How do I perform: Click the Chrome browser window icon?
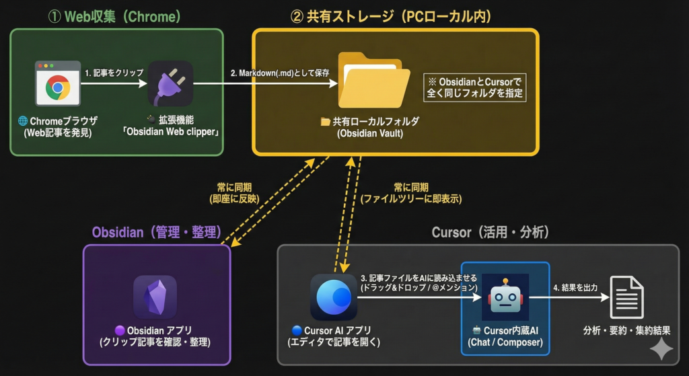tap(58, 83)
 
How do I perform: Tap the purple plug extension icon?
tap(170, 83)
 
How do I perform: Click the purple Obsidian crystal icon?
tap(155, 297)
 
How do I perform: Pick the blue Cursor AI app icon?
tap(333, 297)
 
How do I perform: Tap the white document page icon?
tap(626, 297)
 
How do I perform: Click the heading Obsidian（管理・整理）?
tap(156, 232)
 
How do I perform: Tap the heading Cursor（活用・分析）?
tap(490, 232)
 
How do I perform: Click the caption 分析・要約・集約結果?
tap(626, 330)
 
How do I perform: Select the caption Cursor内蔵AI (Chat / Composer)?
tap(505, 336)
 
